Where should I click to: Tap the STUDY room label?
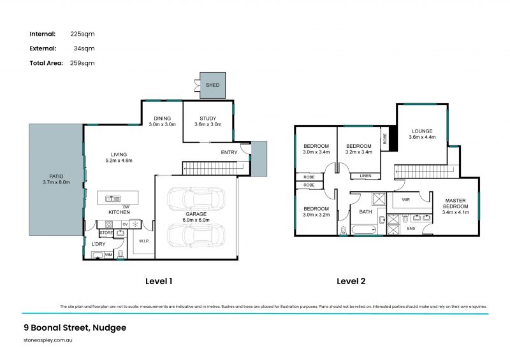pos(208,118)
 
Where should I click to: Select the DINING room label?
pos(161,118)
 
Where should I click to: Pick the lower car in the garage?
pos(196,235)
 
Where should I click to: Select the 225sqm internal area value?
pos(82,34)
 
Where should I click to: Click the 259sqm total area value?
pos(82,63)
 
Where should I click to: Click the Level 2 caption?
pos(351,281)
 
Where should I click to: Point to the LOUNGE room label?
pos(423,131)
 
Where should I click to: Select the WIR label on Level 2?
pos(405,200)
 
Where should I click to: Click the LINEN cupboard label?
pos(365,176)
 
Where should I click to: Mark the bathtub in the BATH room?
pos(365,229)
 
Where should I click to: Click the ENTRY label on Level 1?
pos(229,152)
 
